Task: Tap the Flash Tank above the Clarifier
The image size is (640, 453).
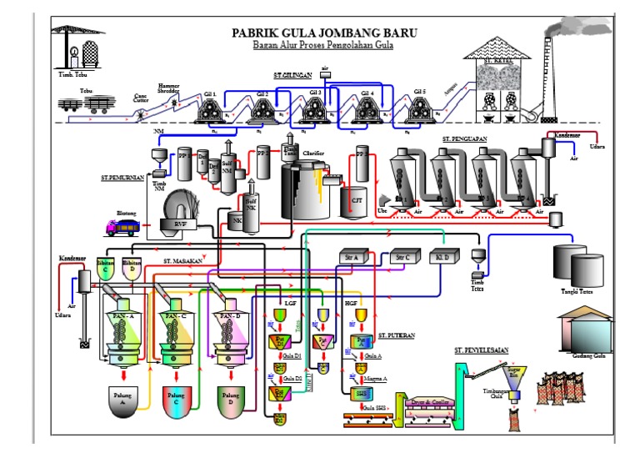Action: click(290, 148)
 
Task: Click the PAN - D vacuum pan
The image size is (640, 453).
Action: click(228, 330)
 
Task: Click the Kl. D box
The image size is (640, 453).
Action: click(442, 259)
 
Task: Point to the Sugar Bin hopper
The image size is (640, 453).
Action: click(515, 367)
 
